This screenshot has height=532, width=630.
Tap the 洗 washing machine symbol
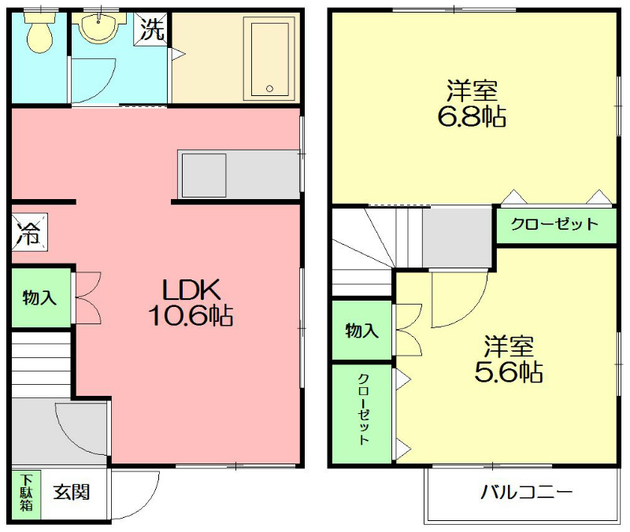coord(152,30)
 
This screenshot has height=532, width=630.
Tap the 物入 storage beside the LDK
coord(40,298)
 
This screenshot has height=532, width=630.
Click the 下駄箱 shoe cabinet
coord(26,493)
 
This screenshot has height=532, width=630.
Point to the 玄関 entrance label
coord(72,493)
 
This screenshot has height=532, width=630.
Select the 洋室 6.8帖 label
coord(472,103)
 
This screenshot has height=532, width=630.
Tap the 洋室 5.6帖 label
coord(508,357)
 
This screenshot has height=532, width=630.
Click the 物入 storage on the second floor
coord(361,331)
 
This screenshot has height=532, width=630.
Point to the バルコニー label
coord(526,493)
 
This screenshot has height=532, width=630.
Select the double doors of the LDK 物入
coord(87,298)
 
